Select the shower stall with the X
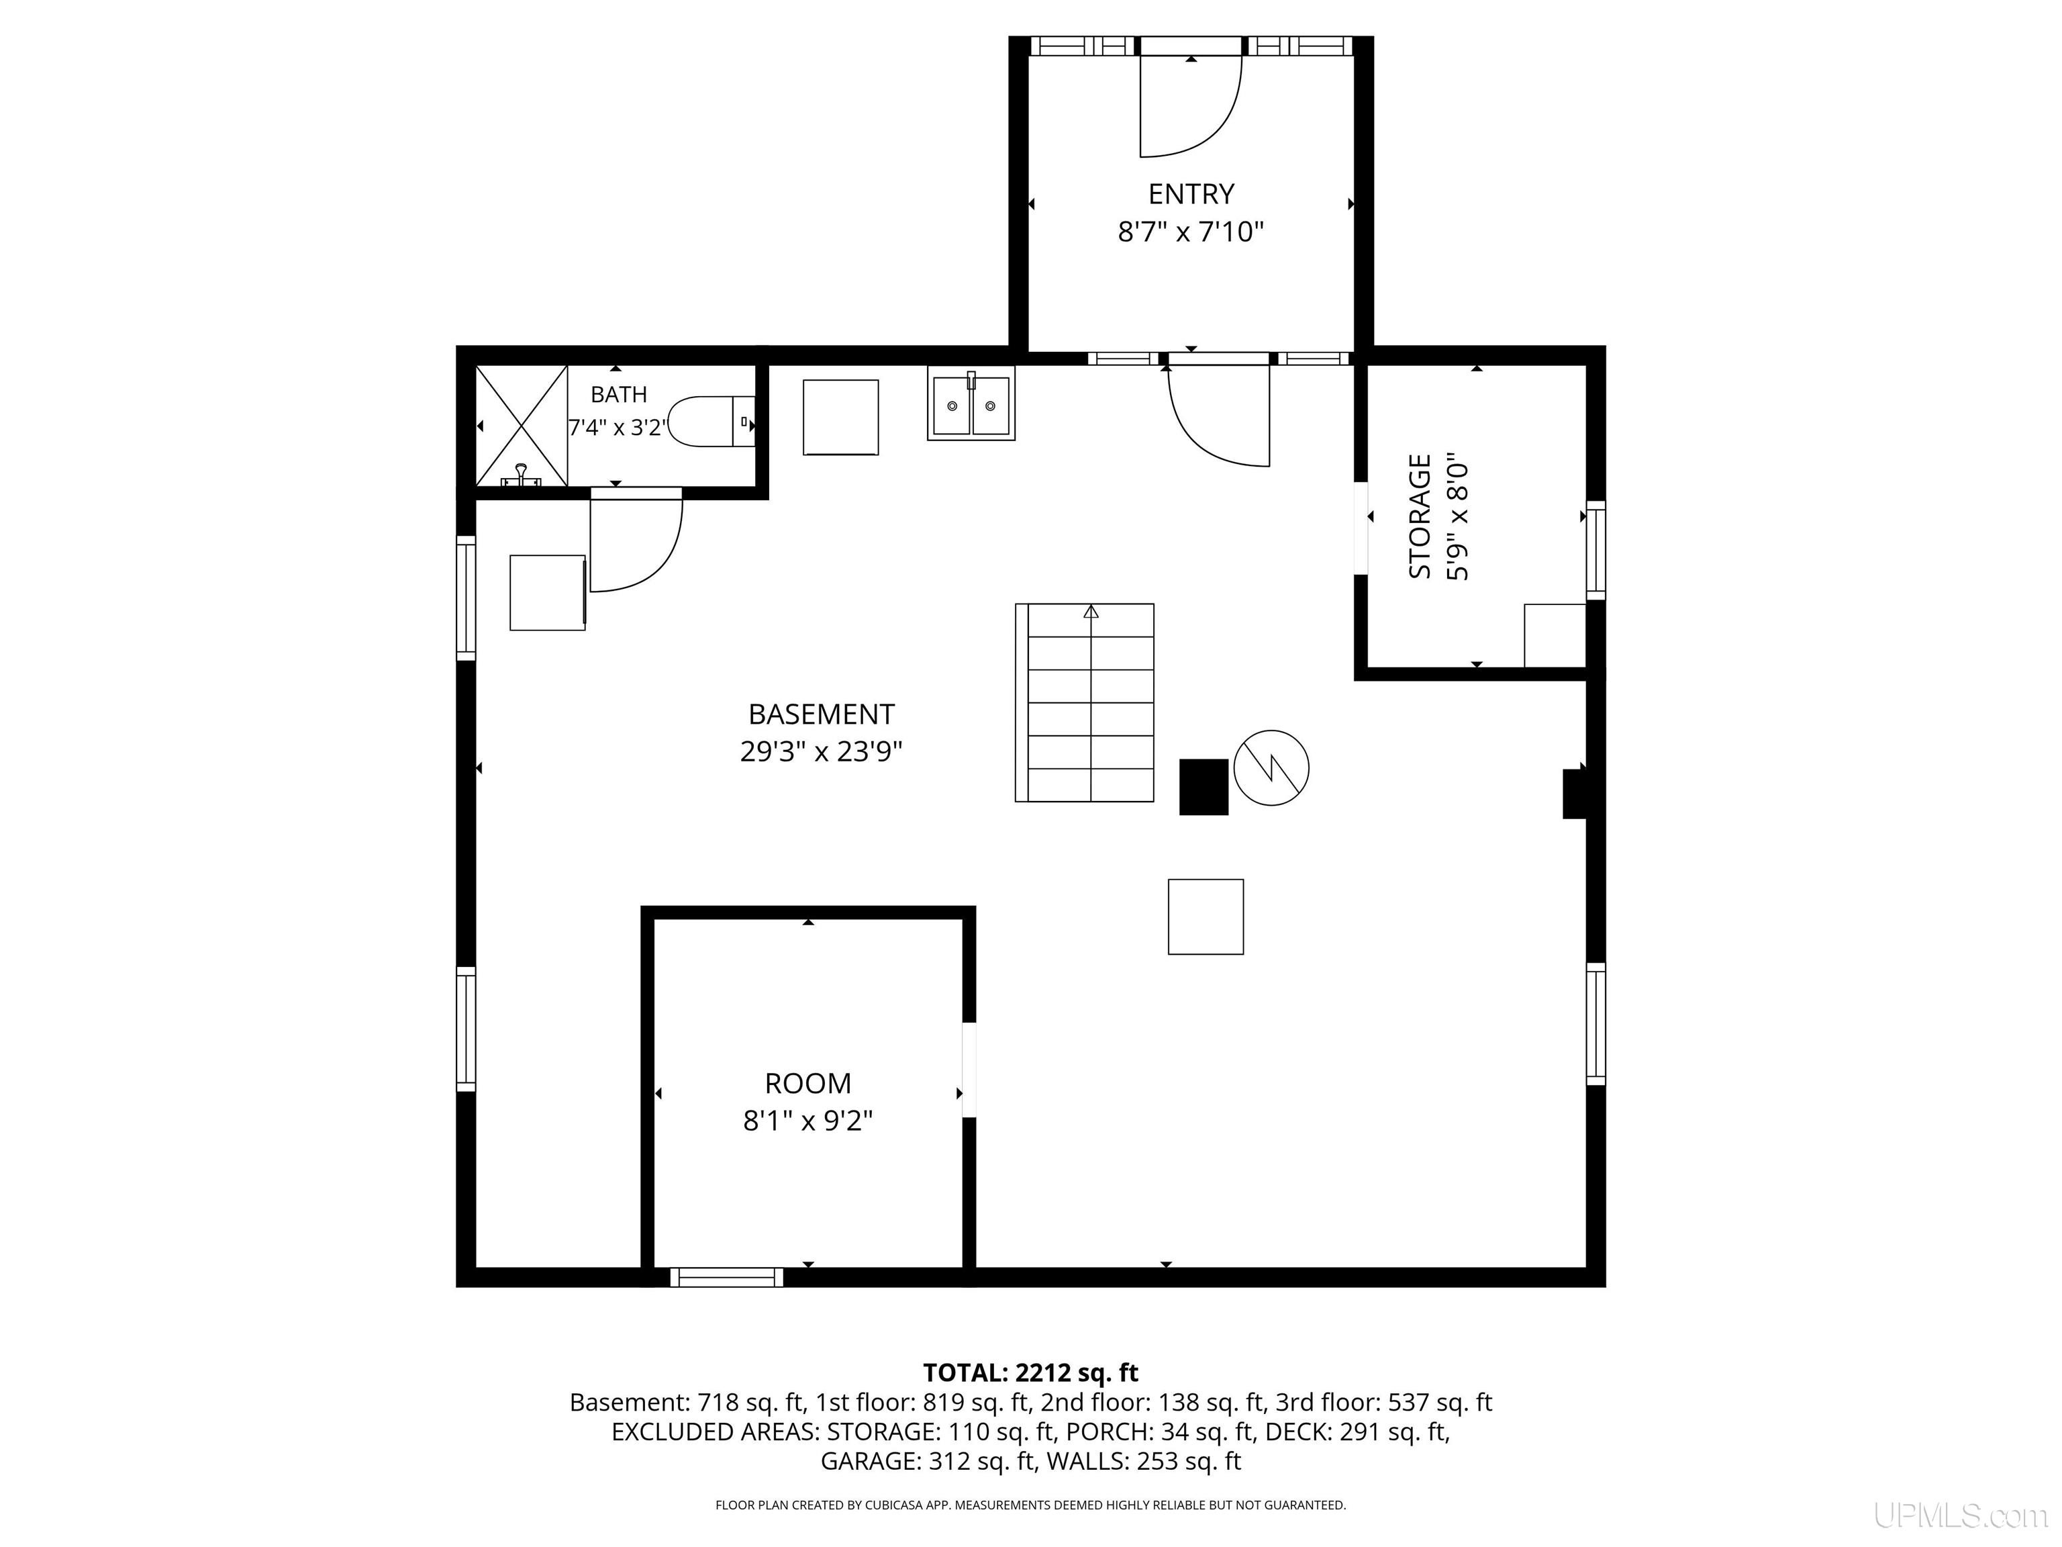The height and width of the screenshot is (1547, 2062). [522, 425]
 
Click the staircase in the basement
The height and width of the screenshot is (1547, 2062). [1084, 702]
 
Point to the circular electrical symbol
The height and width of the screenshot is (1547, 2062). [1271, 767]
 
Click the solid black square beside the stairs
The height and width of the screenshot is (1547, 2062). [1204, 787]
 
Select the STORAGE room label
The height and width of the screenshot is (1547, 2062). [1419, 516]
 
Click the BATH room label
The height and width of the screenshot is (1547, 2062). [619, 394]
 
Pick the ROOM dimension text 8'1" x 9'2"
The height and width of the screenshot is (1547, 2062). [807, 1120]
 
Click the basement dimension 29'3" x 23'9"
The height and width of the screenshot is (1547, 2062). [822, 751]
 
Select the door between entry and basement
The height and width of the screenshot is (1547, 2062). [1218, 411]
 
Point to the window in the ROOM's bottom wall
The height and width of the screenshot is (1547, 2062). [726, 1276]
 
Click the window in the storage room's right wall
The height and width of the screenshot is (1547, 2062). [1596, 550]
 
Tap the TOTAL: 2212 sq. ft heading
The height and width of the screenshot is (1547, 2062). [1030, 1372]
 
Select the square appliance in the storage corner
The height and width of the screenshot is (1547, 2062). [1555, 635]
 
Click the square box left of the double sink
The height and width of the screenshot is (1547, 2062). [841, 417]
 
